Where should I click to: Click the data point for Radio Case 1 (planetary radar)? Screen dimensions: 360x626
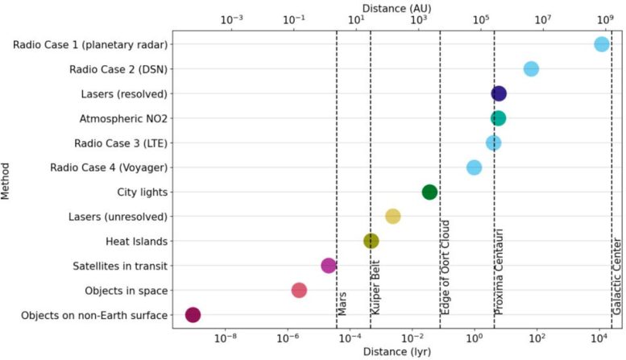(601, 44)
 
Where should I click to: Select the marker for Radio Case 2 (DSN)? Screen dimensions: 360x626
(531, 69)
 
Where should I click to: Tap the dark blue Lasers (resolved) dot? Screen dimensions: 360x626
(499, 94)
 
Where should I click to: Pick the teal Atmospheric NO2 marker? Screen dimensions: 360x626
(499, 118)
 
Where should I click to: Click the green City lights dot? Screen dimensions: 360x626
(429, 192)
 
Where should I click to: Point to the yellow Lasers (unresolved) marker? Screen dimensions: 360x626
(392, 216)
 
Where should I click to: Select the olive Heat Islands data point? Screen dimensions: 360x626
(371, 241)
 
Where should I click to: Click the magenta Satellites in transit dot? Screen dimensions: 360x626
(329, 265)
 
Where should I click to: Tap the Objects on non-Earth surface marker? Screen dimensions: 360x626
(193, 314)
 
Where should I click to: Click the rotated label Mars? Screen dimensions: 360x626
(342, 307)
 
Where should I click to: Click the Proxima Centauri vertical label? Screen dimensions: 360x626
(500, 274)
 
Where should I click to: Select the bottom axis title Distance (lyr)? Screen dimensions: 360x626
(396, 352)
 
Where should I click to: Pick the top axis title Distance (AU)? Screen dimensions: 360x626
(396, 7)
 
